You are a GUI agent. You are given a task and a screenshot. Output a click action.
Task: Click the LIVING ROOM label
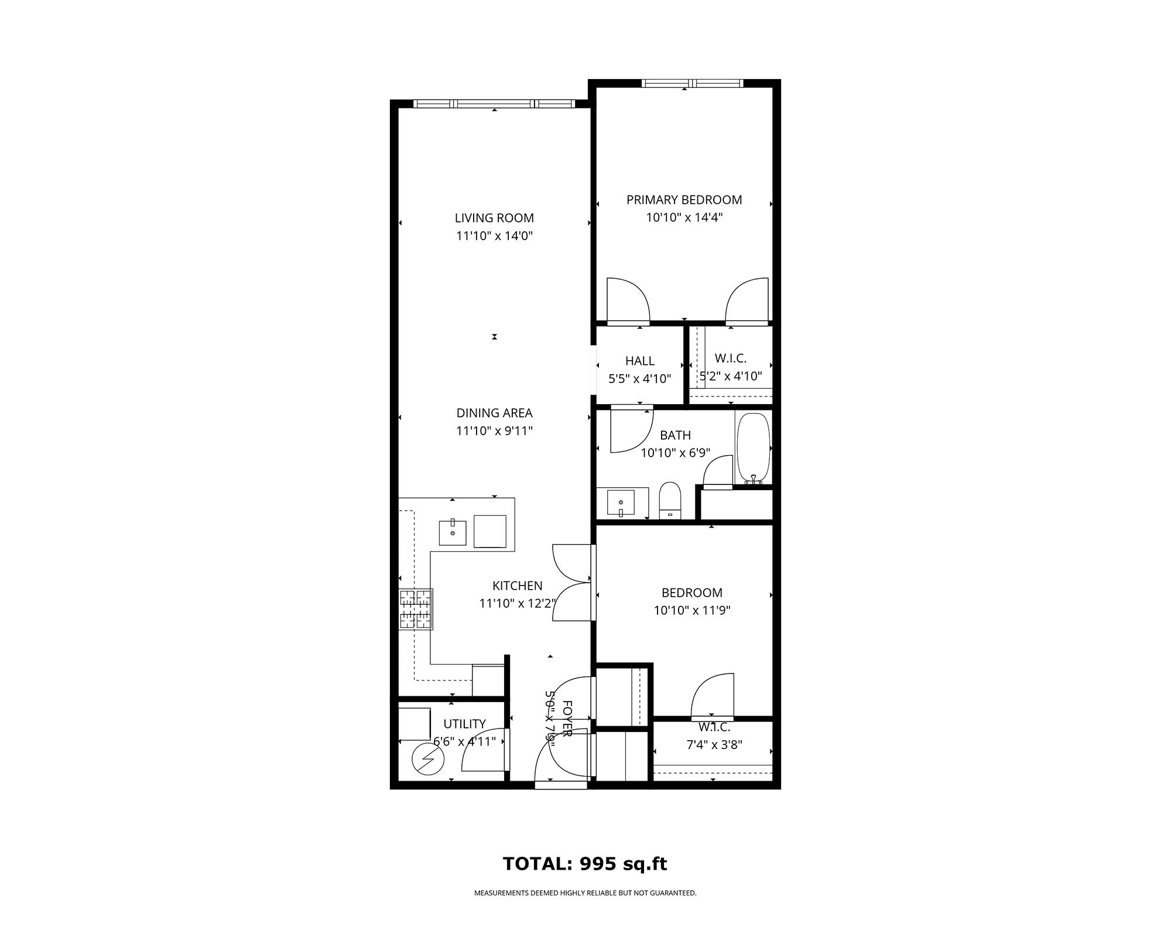click(x=494, y=218)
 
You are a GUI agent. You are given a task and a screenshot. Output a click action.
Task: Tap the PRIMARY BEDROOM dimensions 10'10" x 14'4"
click(x=684, y=218)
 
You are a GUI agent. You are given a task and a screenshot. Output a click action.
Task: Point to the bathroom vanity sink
click(x=621, y=502)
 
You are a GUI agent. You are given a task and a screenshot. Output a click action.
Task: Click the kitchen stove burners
click(x=416, y=609)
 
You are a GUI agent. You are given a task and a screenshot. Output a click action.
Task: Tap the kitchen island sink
click(x=453, y=532)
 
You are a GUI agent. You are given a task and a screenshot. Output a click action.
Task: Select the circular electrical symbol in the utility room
click(x=428, y=760)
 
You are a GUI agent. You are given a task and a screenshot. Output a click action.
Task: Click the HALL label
click(x=639, y=361)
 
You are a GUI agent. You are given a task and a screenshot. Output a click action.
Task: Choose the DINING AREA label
click(x=494, y=413)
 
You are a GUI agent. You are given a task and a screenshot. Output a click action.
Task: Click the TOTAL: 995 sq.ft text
click(x=585, y=864)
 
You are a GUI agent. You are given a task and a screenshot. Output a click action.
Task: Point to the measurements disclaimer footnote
click(x=585, y=893)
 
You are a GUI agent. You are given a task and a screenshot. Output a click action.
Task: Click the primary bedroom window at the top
click(x=692, y=83)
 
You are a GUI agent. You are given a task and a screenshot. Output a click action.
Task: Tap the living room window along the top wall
click(x=494, y=104)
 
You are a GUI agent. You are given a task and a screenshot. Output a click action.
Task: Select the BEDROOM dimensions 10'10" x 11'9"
click(x=692, y=610)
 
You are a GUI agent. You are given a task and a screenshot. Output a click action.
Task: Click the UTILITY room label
click(x=464, y=724)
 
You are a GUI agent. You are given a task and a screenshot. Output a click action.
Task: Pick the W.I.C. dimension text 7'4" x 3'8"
click(x=714, y=745)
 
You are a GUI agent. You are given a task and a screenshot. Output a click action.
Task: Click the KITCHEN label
click(x=517, y=586)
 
